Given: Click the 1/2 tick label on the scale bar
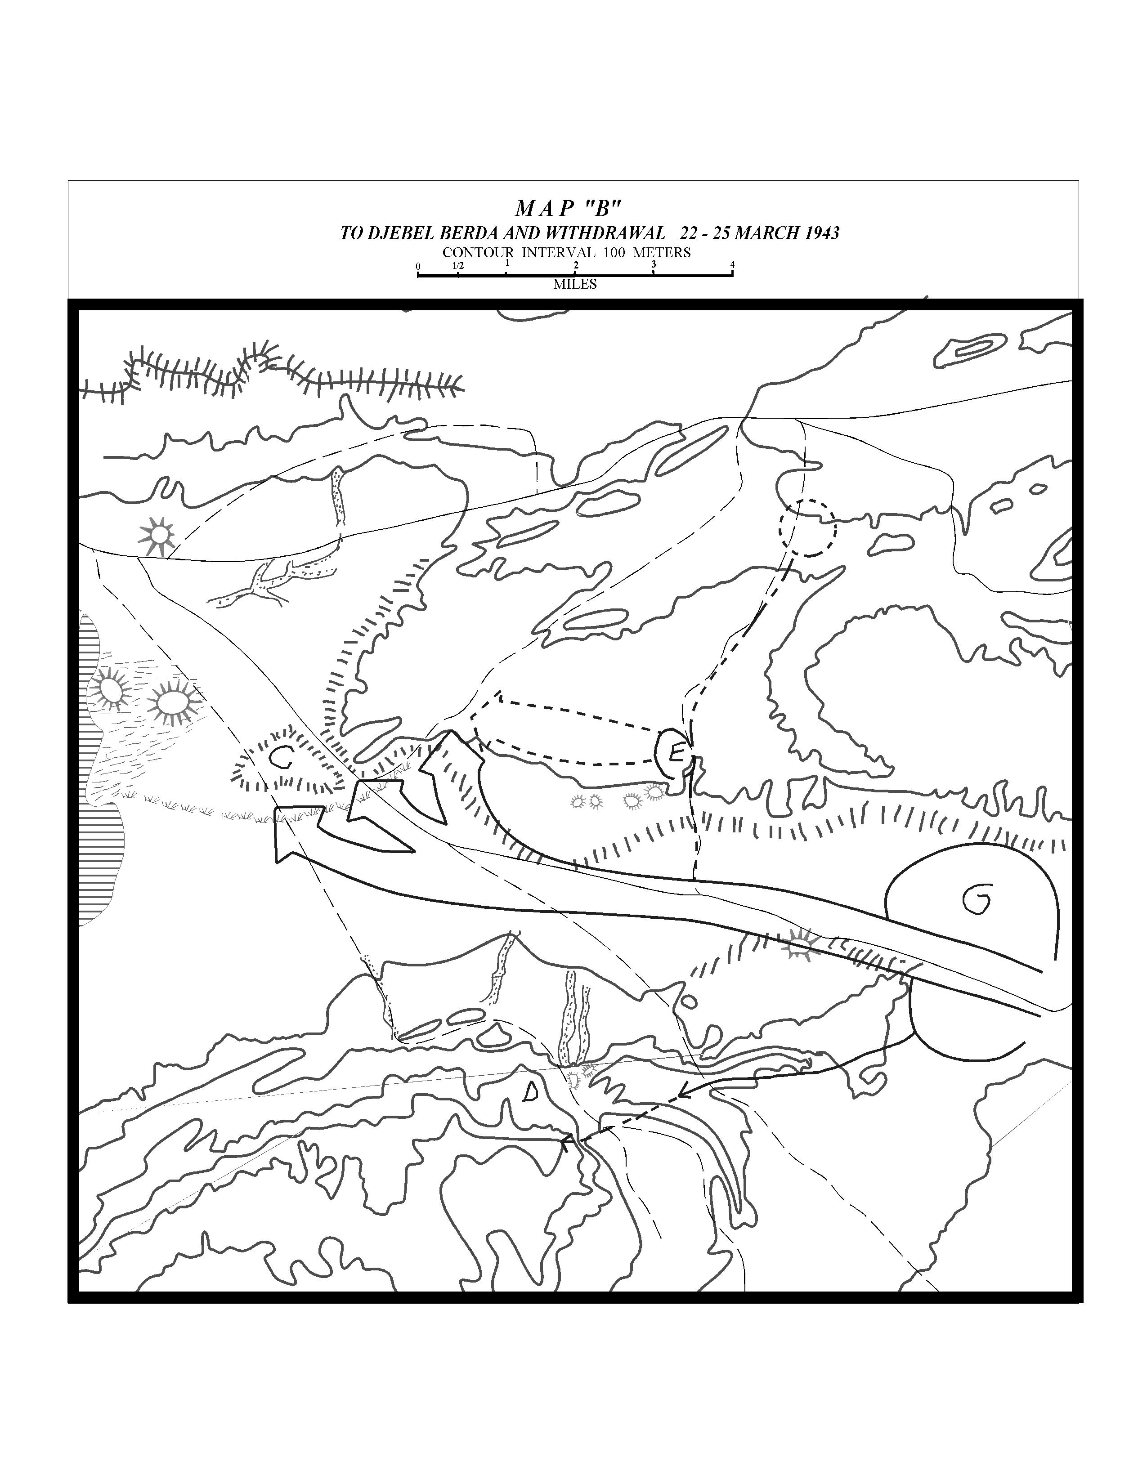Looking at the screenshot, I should click(458, 266).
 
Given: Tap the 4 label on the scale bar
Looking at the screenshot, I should click(732, 265).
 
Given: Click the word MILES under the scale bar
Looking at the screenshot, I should click(575, 284).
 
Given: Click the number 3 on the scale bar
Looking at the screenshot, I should click(653, 265).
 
